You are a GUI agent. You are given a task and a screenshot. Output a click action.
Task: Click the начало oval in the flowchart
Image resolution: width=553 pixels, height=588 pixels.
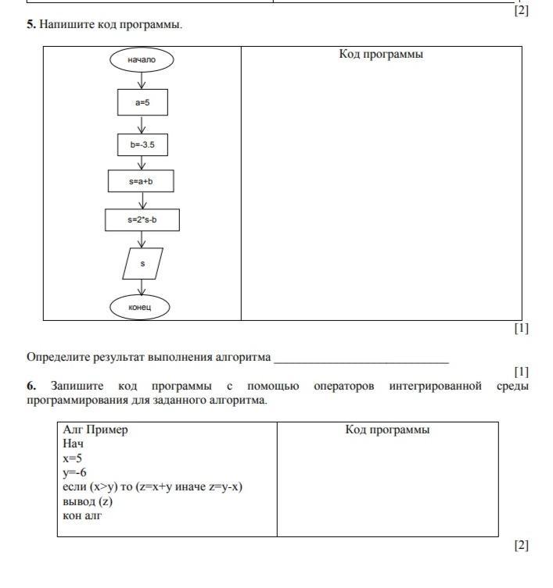[142, 59]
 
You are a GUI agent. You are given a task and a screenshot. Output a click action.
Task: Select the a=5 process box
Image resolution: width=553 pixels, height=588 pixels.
[142, 102]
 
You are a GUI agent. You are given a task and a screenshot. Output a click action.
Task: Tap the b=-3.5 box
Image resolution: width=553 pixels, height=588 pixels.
[142, 145]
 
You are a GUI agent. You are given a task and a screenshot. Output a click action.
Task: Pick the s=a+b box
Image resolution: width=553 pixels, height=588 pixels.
[141, 181]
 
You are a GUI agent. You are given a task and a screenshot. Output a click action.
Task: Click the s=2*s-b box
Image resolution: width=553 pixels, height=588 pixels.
[142, 219]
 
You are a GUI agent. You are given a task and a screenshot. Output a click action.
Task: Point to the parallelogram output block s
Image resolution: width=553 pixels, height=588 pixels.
[142, 264]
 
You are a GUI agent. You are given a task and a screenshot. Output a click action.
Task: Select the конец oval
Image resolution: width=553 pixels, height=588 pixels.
[142, 307]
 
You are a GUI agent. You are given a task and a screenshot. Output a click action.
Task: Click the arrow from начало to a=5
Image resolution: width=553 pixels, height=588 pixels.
[142, 80]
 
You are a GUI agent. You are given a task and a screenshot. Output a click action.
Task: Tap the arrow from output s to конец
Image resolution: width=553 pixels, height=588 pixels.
[142, 287]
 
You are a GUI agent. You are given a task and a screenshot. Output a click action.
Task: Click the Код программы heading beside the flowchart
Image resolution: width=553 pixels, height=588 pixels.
[381, 55]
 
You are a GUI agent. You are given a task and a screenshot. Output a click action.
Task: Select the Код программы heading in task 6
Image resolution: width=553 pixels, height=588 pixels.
[387, 430]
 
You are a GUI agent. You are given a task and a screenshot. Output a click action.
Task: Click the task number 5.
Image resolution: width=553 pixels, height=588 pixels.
[31, 25]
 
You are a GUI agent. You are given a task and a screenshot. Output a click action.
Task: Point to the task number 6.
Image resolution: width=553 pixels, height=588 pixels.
[31, 386]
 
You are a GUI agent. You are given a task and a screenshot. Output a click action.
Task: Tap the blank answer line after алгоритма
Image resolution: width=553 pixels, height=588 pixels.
[361, 359]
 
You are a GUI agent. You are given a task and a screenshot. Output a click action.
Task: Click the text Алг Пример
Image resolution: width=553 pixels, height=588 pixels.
[95, 430]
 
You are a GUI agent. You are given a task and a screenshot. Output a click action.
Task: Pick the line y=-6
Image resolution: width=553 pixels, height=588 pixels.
[74, 472]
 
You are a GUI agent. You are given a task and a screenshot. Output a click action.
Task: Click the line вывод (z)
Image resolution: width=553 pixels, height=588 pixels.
[88, 501]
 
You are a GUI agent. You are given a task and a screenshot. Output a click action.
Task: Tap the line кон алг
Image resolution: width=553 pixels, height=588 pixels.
[82, 515]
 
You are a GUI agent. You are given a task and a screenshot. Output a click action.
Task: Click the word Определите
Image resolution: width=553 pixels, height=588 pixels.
[59, 357]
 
